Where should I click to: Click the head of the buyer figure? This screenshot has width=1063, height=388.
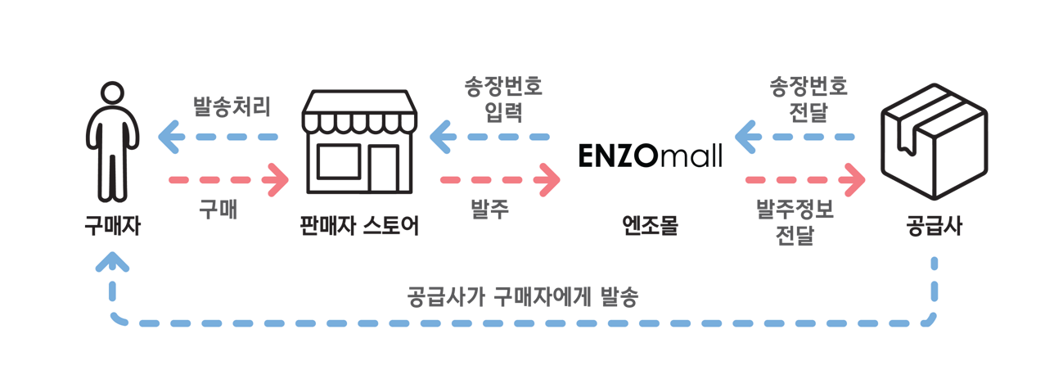coord(112,93)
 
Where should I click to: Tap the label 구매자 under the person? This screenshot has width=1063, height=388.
coord(112,225)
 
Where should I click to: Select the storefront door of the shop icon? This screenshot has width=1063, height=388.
coord(384,168)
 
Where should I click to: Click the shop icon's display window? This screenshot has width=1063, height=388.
coord(339,162)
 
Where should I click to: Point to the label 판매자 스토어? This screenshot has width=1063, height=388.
coord(359,225)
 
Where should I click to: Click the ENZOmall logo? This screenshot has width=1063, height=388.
coord(650,156)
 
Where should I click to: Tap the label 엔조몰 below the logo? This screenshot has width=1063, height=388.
coord(650,225)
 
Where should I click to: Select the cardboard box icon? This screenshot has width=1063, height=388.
coord(934,142)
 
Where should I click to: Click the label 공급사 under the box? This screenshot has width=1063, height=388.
coord(934,225)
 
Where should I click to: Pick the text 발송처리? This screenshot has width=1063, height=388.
coord(232,106)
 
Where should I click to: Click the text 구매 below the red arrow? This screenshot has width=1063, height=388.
coord(218,209)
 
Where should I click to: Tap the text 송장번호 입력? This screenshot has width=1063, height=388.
coord(503,99)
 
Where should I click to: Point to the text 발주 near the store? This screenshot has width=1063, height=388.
coord(489,209)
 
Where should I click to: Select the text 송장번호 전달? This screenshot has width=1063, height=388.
coord(809,99)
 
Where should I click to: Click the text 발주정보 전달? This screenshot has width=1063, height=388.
coord(795,223)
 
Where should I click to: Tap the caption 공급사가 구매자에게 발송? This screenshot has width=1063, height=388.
coord(522,297)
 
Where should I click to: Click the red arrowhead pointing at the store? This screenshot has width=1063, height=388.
coord(278,180)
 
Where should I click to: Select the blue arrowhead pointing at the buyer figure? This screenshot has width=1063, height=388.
coord(169,137)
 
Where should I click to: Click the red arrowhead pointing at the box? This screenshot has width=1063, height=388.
coord(854,180)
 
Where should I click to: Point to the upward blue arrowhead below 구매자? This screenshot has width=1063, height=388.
coord(112,261)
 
